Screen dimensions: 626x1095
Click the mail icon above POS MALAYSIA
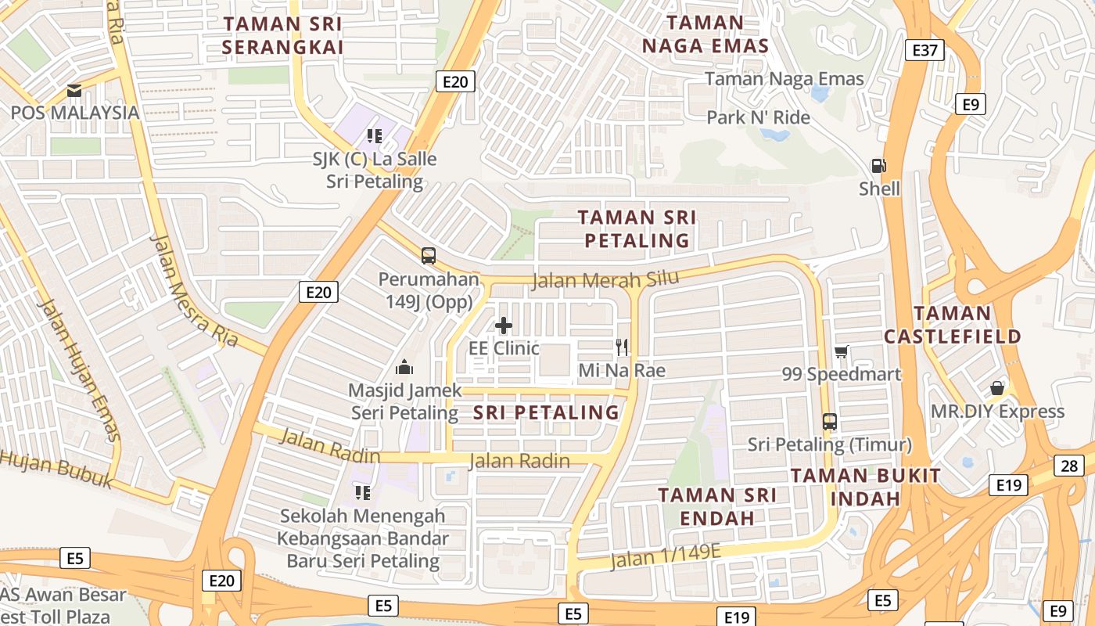point(74,91)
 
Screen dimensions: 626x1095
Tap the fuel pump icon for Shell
point(879,166)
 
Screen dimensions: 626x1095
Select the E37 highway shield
point(924,51)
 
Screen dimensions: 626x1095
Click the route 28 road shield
point(1069,466)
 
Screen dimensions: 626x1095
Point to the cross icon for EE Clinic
point(504,325)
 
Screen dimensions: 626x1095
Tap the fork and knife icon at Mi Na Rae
point(622,347)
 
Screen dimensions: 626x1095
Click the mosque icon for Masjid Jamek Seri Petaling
point(404,366)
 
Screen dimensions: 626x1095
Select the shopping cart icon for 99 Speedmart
point(842,351)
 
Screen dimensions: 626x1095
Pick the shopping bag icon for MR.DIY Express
point(997,388)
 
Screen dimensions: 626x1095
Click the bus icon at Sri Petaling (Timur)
point(830,422)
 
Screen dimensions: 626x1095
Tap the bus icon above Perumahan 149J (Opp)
point(429,256)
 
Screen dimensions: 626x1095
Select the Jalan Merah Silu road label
point(605,279)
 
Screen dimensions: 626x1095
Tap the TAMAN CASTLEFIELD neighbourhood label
point(952,325)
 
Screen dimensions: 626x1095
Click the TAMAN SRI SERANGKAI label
point(282,35)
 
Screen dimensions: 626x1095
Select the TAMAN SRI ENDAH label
point(717,506)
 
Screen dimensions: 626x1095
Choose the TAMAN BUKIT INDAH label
point(866,487)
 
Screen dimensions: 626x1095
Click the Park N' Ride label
point(758,117)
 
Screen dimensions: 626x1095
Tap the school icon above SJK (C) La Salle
point(375,136)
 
